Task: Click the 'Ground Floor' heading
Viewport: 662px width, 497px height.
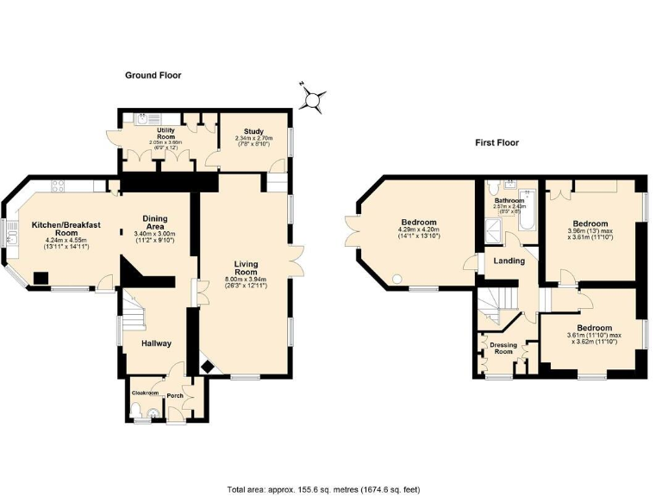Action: coord(153,76)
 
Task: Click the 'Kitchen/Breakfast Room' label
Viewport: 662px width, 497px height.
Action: coord(66,229)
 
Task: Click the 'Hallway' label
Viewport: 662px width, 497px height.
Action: coord(156,343)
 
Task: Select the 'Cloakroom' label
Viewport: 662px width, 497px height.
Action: coord(145,392)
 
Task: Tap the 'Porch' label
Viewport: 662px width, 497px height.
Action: coord(175,396)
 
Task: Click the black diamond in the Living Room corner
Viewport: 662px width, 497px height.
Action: coord(208,367)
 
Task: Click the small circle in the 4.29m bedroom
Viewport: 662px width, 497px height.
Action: coord(397,278)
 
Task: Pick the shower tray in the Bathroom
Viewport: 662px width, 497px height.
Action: coord(495,229)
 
